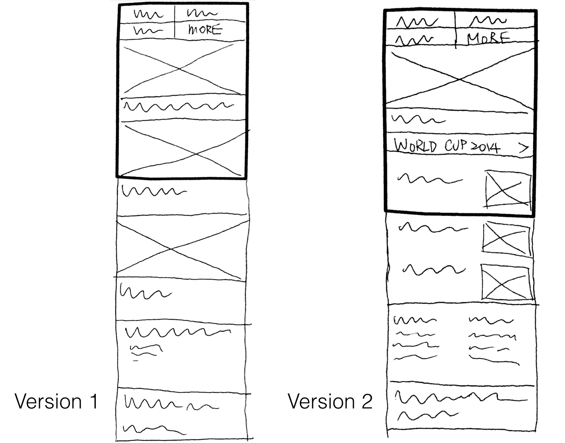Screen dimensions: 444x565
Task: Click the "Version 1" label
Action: pos(56,402)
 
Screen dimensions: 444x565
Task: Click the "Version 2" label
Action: pos(330,402)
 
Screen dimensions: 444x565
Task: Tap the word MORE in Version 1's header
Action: pos(205,30)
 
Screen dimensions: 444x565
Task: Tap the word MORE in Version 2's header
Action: pos(488,38)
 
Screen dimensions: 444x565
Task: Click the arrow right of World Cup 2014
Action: pos(524,148)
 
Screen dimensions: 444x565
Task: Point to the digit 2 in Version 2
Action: pos(366,402)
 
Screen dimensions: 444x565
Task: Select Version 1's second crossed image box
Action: pos(182,149)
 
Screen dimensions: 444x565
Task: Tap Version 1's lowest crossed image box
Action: pos(182,248)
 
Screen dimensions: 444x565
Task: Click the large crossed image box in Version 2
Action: pos(460,79)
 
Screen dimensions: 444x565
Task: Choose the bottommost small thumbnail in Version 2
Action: pos(507,282)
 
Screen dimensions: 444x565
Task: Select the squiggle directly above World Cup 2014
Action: pos(418,120)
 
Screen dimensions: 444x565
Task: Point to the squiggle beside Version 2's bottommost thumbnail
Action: pos(434,270)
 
